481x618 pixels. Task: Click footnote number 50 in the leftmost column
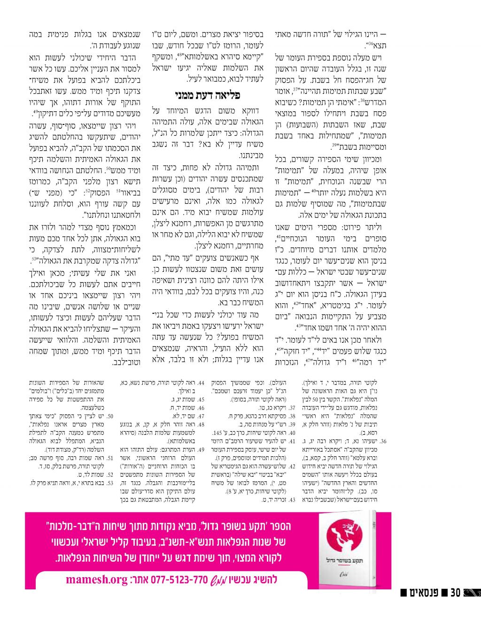(x=110, y=416)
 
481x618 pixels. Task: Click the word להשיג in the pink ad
(x=266, y=579)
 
